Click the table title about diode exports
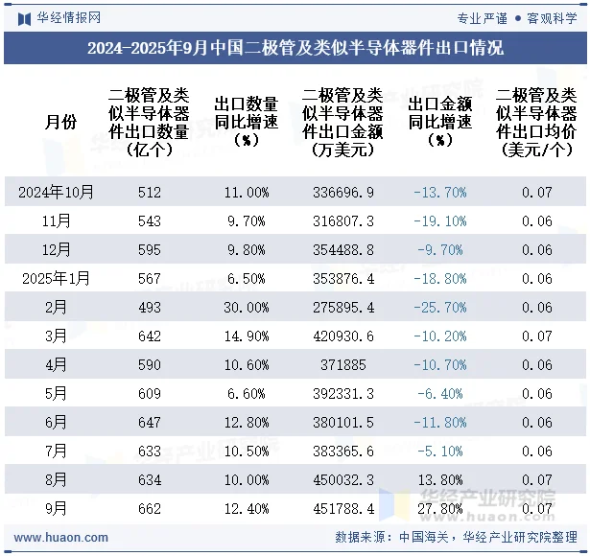tap(295, 48)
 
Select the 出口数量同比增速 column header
tap(246, 122)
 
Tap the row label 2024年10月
tap(57, 193)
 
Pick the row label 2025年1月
tap(57, 279)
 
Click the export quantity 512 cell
tap(150, 193)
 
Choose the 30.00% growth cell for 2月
tap(246, 308)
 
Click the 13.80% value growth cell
tap(440, 480)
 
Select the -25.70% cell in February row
tap(440, 308)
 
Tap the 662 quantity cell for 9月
tap(150, 509)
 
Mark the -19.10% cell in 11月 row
tap(440, 221)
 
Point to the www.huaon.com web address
tap(54, 538)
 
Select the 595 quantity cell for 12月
tap(150, 250)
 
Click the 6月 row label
tap(57, 423)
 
